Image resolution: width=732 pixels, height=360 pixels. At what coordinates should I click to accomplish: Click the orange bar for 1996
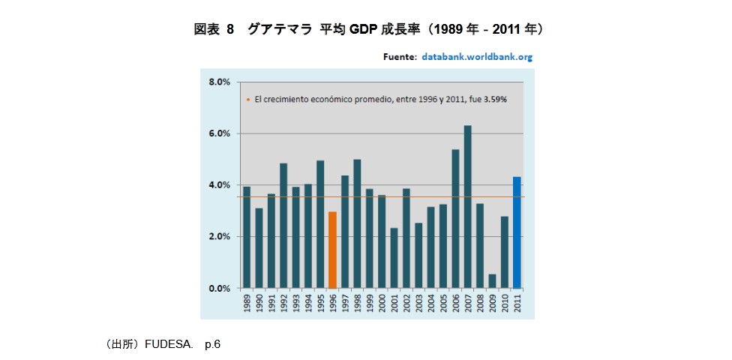pos(332,250)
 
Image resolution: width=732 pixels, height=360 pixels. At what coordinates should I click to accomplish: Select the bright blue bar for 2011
pos(517,232)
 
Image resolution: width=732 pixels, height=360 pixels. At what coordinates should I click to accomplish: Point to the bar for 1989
pos(247,237)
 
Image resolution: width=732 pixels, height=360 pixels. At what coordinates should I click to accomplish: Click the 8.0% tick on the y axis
pos(219,82)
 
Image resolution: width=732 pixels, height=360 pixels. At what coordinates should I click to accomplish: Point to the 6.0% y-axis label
pos(219,133)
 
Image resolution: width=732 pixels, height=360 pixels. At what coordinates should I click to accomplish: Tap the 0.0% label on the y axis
pos(219,288)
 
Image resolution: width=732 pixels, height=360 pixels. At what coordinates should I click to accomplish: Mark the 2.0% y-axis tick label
pos(219,236)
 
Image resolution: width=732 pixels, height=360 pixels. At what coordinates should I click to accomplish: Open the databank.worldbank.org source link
pos(476,56)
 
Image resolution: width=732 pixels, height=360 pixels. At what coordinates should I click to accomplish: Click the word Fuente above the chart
pos(399,56)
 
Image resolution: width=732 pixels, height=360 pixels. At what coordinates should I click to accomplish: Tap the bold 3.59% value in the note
pos(495,99)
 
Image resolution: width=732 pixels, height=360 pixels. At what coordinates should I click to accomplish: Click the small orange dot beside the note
pos(247,99)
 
